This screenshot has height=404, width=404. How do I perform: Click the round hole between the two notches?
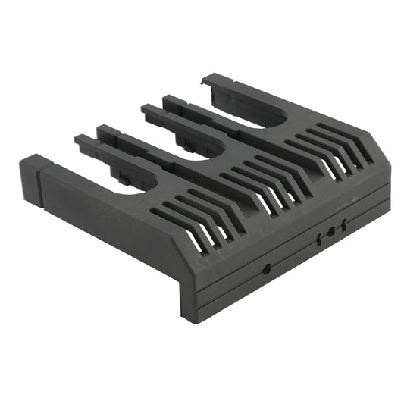(330, 233)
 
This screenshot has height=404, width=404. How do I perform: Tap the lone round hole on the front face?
(267, 268)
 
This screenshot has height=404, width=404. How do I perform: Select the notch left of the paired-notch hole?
(318, 240)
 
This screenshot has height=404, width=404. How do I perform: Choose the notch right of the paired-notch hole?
(343, 226)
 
